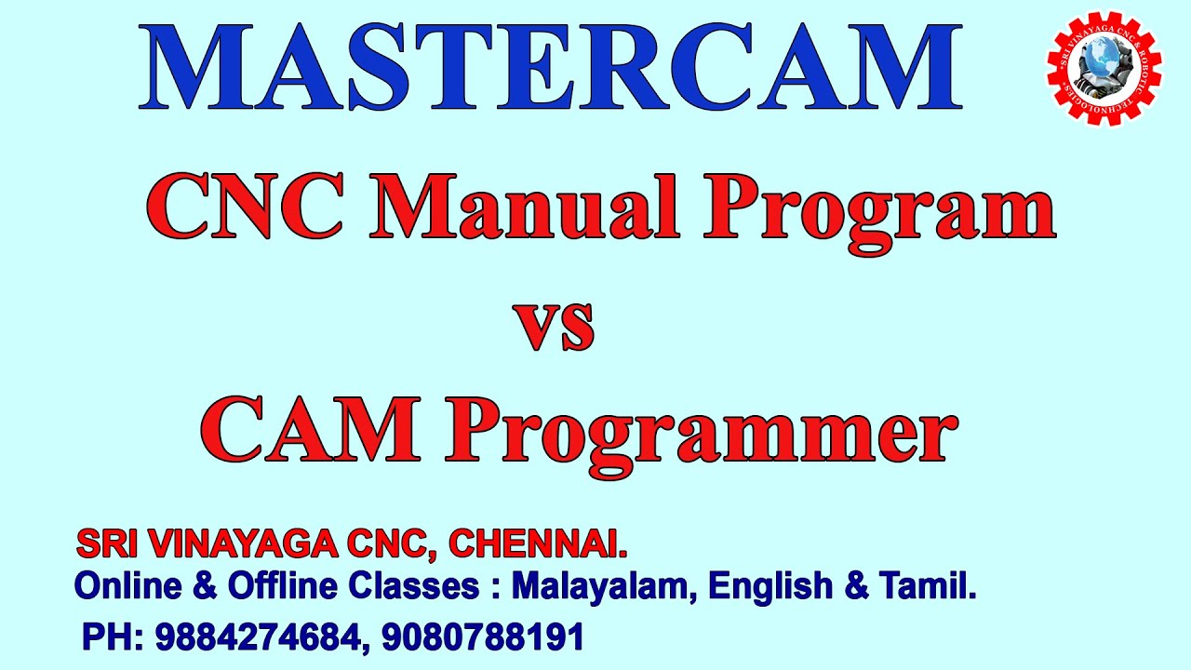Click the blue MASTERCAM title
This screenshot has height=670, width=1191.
[551, 67]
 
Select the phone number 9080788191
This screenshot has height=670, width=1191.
[483, 637]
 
